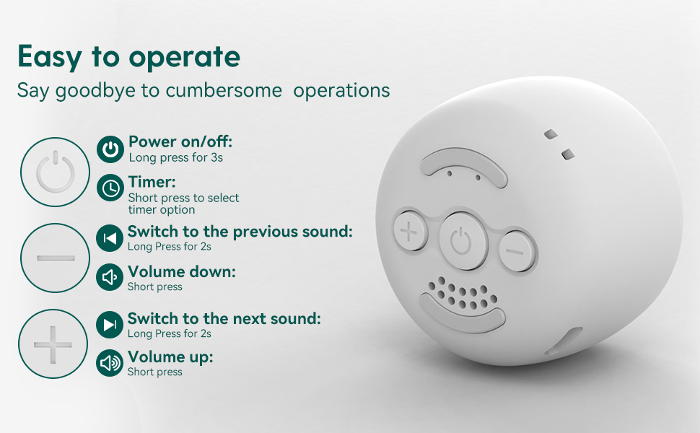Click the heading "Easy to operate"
(128, 56)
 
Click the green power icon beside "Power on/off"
(110, 149)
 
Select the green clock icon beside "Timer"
(110, 188)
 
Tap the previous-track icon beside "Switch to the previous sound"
(110, 238)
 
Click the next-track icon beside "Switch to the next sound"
(110, 325)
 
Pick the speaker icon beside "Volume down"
(110, 278)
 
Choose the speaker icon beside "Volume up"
(110, 363)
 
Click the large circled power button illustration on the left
(55, 172)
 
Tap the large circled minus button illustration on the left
(55, 258)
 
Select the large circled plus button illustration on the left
(53, 344)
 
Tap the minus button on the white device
(515, 250)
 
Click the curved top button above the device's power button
(465, 167)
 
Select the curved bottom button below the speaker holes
(460, 315)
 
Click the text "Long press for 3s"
(175, 157)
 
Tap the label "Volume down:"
(181, 272)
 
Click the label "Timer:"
(152, 182)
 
